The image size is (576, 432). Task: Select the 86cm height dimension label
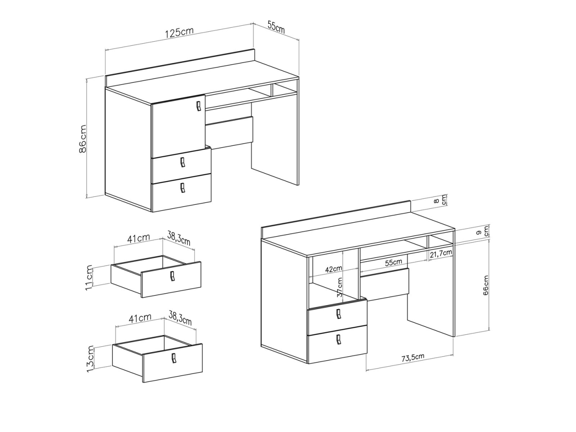click(x=83, y=139)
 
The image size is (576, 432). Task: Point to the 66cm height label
click(x=485, y=285)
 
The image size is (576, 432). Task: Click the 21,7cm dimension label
click(x=441, y=253)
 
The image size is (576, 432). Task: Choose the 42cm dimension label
click(x=333, y=270)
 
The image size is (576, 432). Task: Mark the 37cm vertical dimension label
click(x=340, y=287)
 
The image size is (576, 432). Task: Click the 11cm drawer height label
click(x=89, y=278)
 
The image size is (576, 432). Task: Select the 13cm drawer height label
click(x=90, y=359)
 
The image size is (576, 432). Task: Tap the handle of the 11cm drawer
click(x=172, y=277)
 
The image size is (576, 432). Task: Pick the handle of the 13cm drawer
click(x=173, y=358)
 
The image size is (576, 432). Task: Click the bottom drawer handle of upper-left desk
click(x=183, y=188)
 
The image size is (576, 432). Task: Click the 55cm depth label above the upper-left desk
click(x=276, y=27)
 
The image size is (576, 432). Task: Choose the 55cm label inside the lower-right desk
click(x=393, y=262)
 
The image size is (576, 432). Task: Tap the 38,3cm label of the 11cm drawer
click(x=179, y=238)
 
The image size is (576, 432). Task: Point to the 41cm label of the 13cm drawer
click(x=140, y=318)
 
